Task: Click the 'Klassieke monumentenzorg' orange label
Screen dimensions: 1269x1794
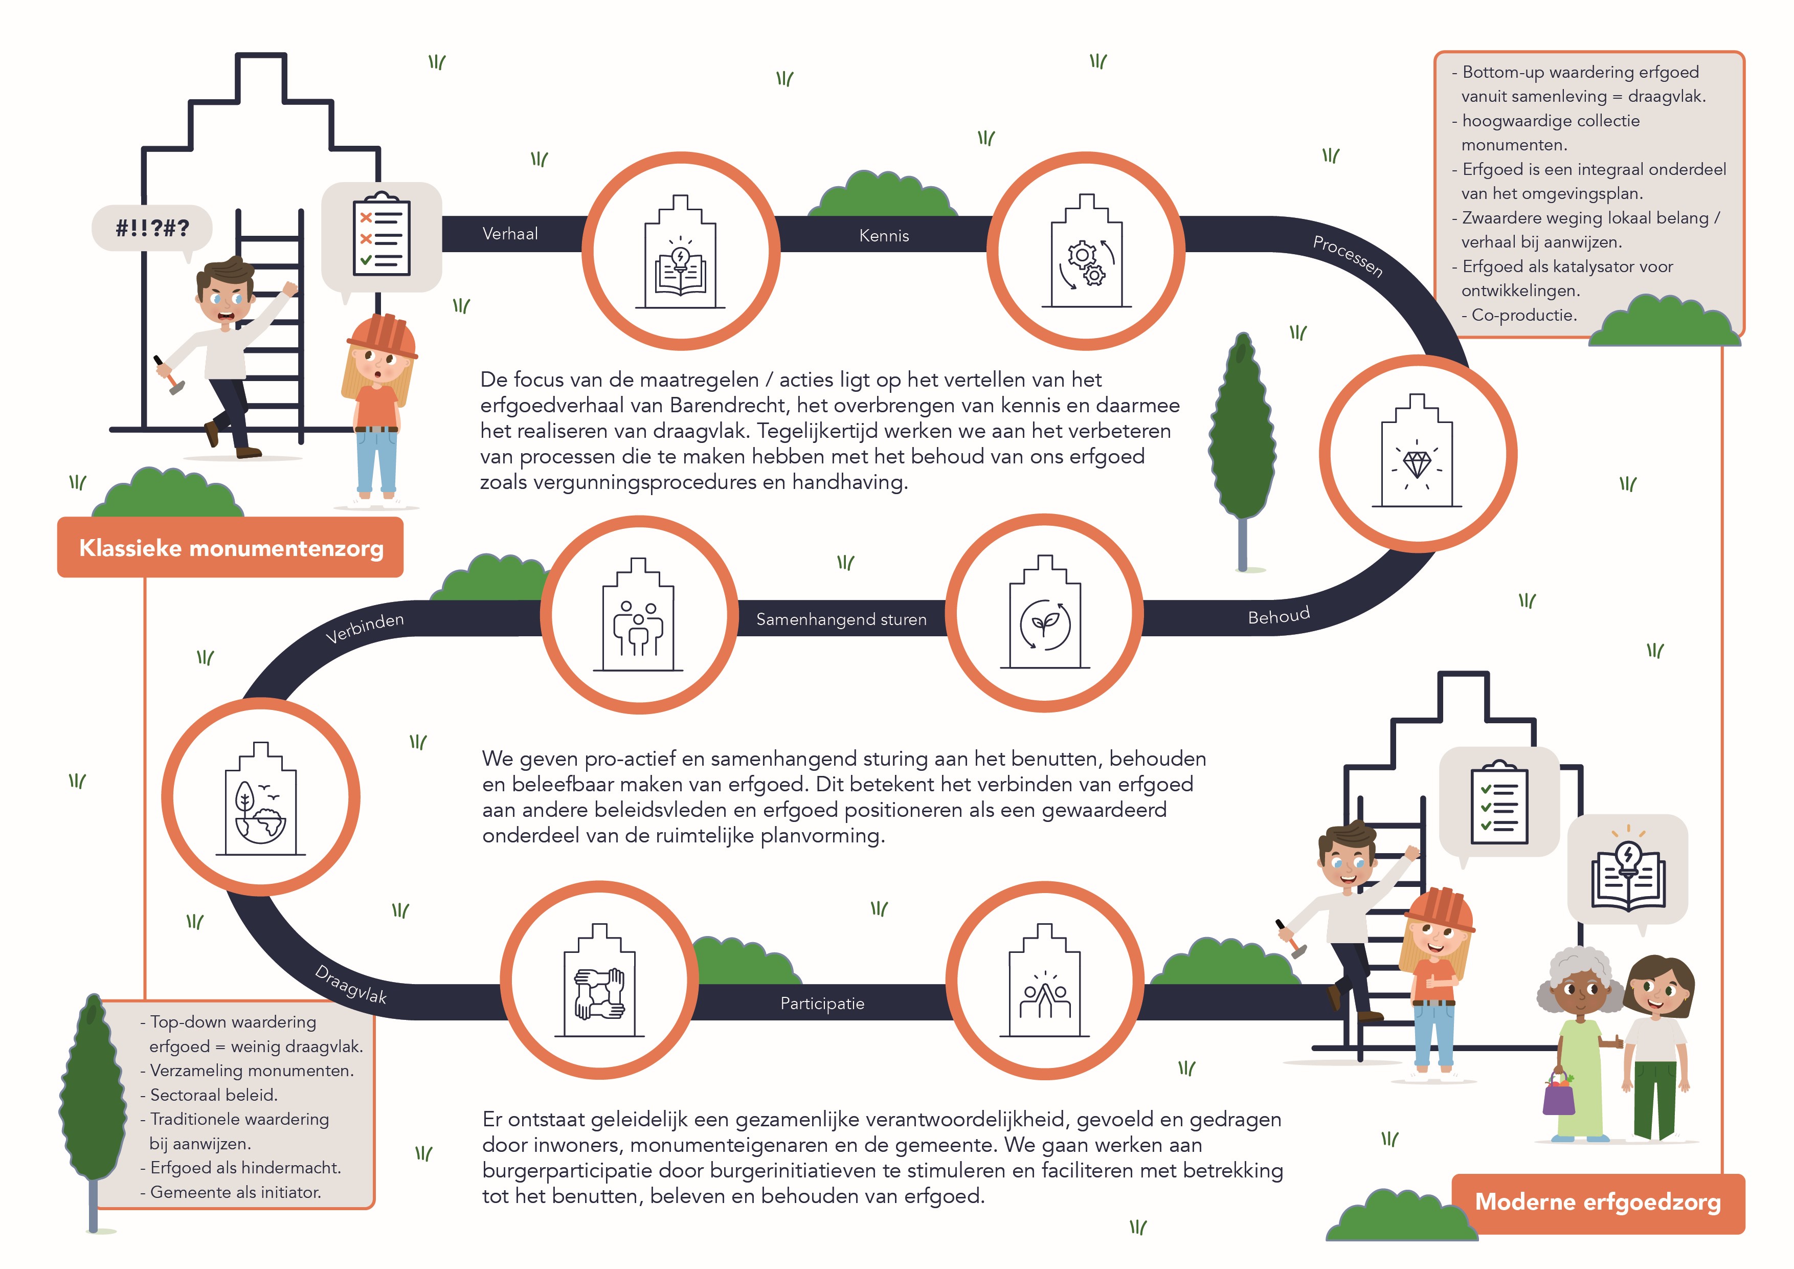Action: coord(231,548)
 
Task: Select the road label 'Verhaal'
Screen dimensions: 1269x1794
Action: coord(510,234)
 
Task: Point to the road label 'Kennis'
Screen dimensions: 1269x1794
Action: coord(884,235)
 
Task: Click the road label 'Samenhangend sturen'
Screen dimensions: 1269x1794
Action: coord(841,619)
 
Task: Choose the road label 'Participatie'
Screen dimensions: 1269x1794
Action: coord(822,1004)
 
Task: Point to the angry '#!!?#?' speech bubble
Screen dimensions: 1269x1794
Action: coord(152,228)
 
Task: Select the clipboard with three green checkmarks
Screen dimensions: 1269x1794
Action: coord(1498,803)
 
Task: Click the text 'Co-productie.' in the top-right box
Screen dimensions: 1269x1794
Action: coord(1523,315)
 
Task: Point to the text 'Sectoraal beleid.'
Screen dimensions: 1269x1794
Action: coord(213,1095)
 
